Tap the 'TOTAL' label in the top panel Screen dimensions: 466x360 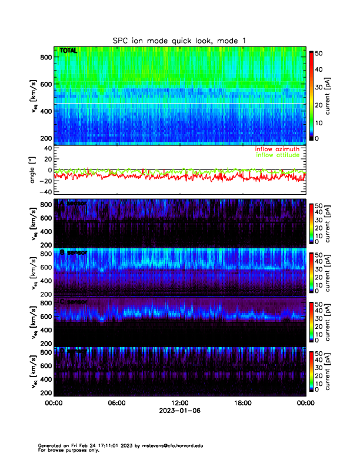click(x=68, y=51)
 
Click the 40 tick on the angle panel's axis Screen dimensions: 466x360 click(x=47, y=148)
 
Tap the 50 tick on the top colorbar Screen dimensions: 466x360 click(x=318, y=53)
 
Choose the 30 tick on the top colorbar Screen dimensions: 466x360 click(x=318, y=87)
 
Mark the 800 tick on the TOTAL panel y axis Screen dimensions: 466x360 click(x=46, y=57)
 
